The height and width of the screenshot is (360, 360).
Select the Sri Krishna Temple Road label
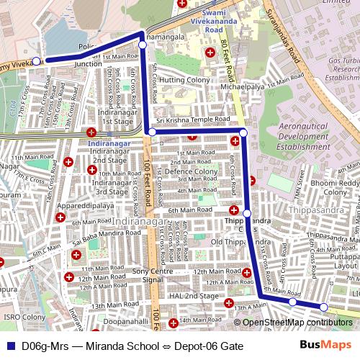pyautogui.click(x=194, y=121)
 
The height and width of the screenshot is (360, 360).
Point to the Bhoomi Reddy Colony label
pyautogui.click(x=336, y=187)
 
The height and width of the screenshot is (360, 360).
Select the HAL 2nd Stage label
pyautogui.click(x=189, y=296)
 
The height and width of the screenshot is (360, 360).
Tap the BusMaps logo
pyautogui.click(x=326, y=346)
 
